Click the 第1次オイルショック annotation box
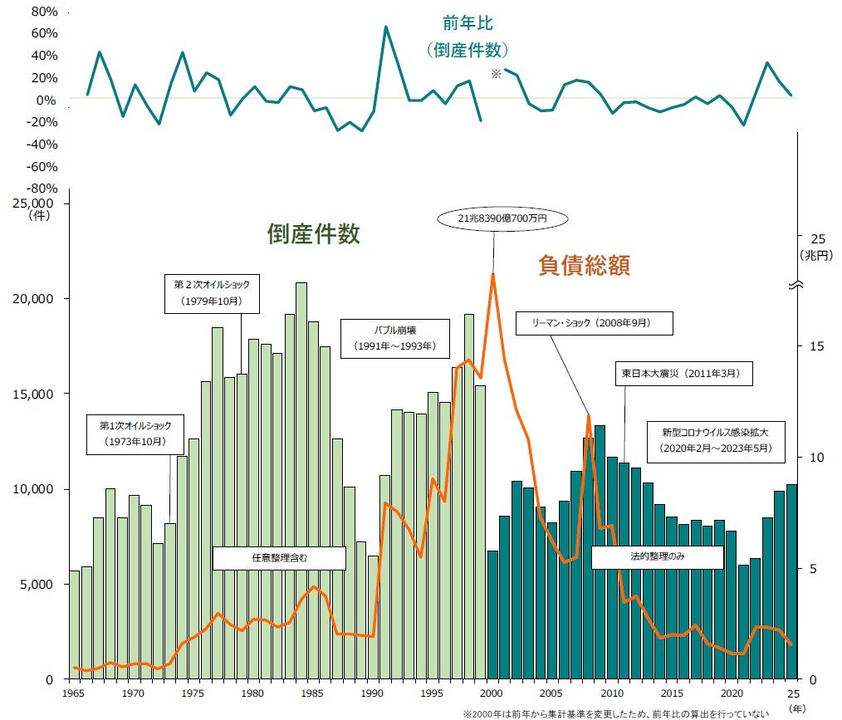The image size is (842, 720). pos(135,434)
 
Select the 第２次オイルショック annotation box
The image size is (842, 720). pos(212,293)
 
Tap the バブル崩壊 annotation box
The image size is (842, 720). pos(394,339)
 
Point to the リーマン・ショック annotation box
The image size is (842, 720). pos(594,323)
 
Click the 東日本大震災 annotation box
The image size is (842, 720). pos(683,374)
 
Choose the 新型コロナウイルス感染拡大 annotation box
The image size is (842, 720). pos(716,441)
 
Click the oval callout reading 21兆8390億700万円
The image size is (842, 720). pos(502,218)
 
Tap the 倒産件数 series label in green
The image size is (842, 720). pos(314,234)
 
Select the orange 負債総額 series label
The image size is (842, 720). pos(585,265)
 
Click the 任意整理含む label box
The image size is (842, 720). pos(279,558)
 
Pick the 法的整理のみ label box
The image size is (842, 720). pos(658,556)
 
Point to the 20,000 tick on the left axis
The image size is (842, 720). pos(33,299)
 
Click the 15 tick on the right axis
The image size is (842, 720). pos(817,347)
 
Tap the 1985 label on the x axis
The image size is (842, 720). pos(312,693)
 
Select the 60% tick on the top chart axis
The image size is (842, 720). pos(44,33)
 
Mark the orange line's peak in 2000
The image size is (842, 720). pos(493,274)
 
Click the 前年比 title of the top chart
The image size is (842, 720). pos(468,23)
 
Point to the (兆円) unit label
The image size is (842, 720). pos(816,255)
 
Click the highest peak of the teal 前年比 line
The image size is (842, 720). pos(385,27)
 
